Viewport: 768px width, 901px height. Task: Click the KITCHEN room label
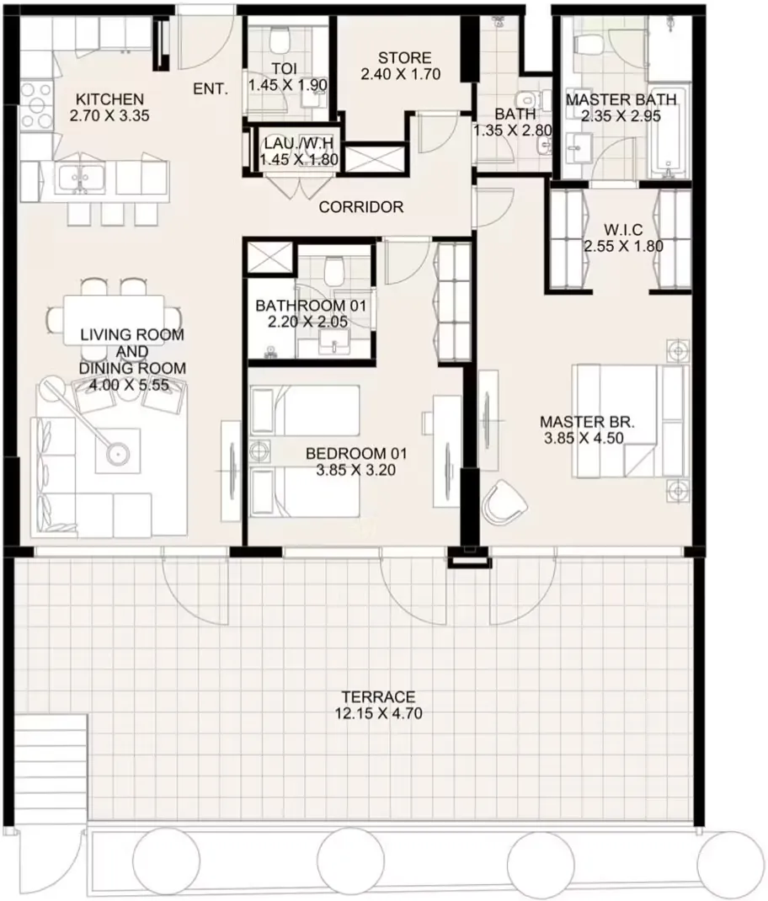[109, 99]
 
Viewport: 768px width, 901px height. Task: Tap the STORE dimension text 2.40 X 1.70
[401, 74]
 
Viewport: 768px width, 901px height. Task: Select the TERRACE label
[378, 697]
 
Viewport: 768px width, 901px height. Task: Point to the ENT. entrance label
[211, 89]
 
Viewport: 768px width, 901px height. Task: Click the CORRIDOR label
[361, 207]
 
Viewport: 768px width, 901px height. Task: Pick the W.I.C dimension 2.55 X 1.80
[624, 247]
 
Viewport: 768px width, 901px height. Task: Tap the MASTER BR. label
[587, 422]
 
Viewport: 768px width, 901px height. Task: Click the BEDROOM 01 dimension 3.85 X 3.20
[356, 470]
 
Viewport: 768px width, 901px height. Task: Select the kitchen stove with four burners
[35, 105]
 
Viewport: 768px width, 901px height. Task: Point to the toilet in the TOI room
[280, 40]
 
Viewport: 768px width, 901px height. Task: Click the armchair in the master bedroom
[504, 502]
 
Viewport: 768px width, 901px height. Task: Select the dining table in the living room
[114, 319]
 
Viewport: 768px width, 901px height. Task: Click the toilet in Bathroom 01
[333, 271]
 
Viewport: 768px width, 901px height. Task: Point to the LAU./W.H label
[298, 143]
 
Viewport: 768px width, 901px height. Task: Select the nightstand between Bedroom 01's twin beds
[260, 451]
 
